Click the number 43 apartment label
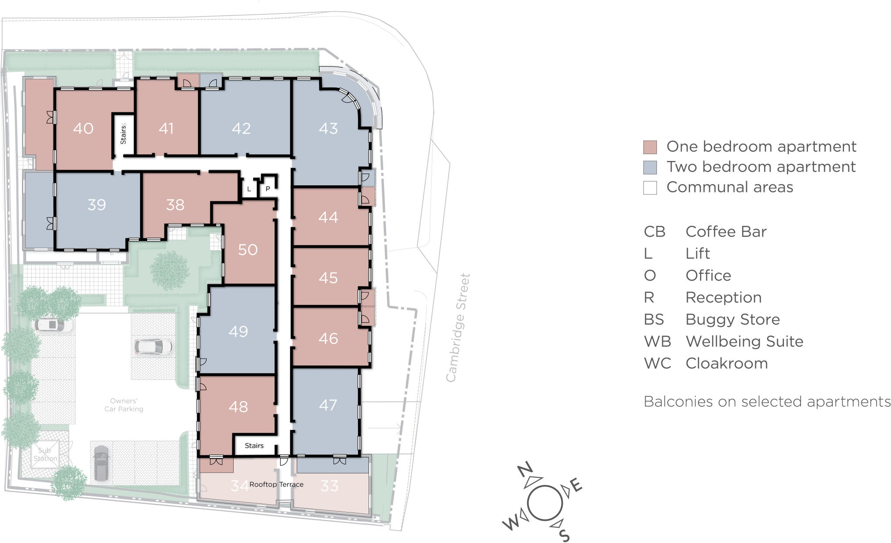pyautogui.click(x=328, y=128)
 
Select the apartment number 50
pyautogui.click(x=248, y=249)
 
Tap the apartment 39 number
pyautogui.click(x=97, y=204)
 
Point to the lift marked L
pyautogui.click(x=249, y=189)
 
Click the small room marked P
pyautogui.click(x=268, y=189)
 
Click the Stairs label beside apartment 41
pyautogui.click(x=124, y=134)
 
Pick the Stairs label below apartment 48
pyautogui.click(x=254, y=446)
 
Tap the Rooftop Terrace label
pyautogui.click(x=276, y=484)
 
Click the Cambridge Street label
pyautogui.click(x=458, y=327)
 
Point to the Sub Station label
pyautogui.click(x=45, y=454)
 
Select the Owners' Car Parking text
pyautogui.click(x=124, y=405)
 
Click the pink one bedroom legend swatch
pyautogui.click(x=650, y=147)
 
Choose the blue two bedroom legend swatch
pyautogui.click(x=650, y=168)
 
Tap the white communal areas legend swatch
pyautogui.click(x=650, y=188)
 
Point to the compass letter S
pyautogui.click(x=563, y=535)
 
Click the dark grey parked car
pyautogui.click(x=101, y=463)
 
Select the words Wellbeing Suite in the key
pyautogui.click(x=744, y=342)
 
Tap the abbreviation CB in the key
pyautogui.click(x=654, y=232)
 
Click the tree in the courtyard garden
pyautogui.click(x=169, y=270)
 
